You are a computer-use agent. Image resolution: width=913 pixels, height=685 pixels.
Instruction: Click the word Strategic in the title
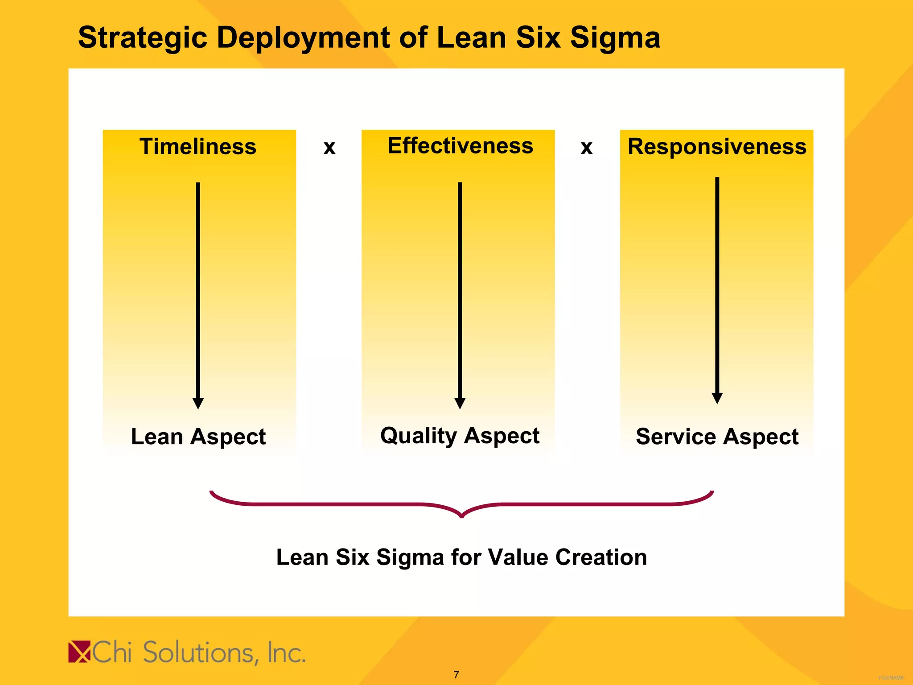pos(142,38)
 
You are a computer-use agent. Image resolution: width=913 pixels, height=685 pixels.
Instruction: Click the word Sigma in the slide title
pos(615,38)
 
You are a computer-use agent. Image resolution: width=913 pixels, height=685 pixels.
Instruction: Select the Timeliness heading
pos(198,147)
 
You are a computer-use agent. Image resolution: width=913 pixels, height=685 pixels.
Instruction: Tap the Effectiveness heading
pos(460,146)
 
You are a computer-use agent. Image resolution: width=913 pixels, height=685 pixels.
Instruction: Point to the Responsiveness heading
pos(717,147)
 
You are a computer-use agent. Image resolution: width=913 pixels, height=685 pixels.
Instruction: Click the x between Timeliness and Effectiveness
pos(329,148)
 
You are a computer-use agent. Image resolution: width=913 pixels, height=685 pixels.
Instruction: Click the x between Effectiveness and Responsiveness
pos(587,148)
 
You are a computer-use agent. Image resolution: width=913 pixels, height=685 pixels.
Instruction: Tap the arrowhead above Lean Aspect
pos(198,403)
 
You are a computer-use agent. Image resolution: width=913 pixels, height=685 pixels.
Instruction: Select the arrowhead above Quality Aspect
pos(460,403)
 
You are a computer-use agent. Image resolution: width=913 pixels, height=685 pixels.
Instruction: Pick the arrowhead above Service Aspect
pos(717,398)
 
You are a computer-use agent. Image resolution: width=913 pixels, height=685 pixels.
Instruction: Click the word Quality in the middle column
pos(418,436)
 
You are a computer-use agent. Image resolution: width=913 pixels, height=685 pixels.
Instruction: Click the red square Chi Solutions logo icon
pos(79,652)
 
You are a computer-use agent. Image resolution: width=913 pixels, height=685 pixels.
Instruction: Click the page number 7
pos(456,675)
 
